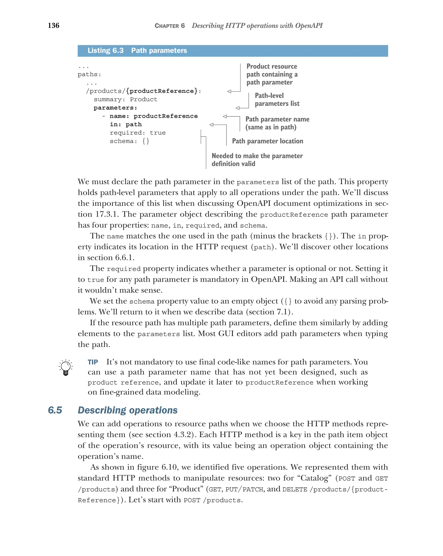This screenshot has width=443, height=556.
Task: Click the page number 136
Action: [x=53, y=26]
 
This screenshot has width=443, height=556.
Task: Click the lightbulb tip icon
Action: [x=66, y=367]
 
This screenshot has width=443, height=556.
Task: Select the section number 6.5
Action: [x=55, y=410]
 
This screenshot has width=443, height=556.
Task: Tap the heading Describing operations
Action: [x=128, y=410]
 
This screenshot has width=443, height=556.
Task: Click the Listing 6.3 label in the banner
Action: [x=105, y=51]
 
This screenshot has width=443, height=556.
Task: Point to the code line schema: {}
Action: [x=129, y=141]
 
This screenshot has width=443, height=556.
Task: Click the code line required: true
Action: [x=138, y=133]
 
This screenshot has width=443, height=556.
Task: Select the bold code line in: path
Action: [x=126, y=125]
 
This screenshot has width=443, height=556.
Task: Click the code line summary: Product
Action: [x=125, y=100]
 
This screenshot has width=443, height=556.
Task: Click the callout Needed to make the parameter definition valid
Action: [x=257, y=160]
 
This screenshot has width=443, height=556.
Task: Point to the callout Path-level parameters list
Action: [x=277, y=100]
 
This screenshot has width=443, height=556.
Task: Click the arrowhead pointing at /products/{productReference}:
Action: [x=229, y=91]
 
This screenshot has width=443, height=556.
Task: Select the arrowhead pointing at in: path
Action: [x=211, y=125]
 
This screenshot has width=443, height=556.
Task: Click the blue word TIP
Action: [x=93, y=362]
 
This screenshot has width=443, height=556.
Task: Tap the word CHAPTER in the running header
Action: [x=167, y=26]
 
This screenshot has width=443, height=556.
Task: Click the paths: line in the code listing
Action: [x=89, y=74]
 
